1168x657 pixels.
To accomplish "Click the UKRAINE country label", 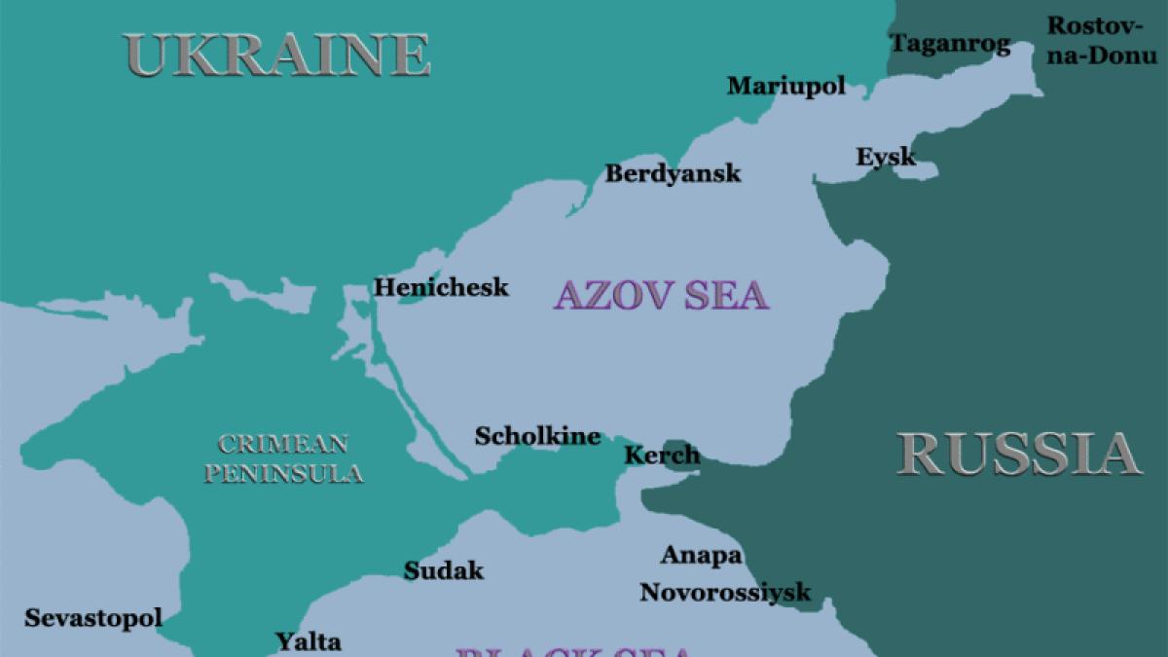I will pos(277,55).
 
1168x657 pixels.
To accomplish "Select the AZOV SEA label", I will pos(661,295).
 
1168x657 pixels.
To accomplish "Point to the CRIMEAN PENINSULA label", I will pos(283,459).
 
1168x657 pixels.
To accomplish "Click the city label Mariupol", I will pos(786,86).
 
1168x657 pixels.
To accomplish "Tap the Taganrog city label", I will pos(950,43).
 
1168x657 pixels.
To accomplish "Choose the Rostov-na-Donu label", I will pos(1102,40).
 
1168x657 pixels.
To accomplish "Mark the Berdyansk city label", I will pos(673,173).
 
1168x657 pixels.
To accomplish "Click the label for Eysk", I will pos(886,156).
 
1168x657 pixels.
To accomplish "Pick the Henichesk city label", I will pos(441,287).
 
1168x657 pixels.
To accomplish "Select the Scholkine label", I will pos(537,436).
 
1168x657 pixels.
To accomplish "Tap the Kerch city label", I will pos(662,455).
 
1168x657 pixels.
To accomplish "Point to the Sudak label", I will pos(444,570).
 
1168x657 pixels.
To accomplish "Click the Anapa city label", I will pos(701,556).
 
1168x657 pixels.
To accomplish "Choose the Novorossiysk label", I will pos(725,592).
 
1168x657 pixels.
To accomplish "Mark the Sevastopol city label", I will pos(93,617).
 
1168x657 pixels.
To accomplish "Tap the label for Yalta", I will pos(309,641).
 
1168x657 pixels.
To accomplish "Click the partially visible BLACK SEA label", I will pos(574,650).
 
